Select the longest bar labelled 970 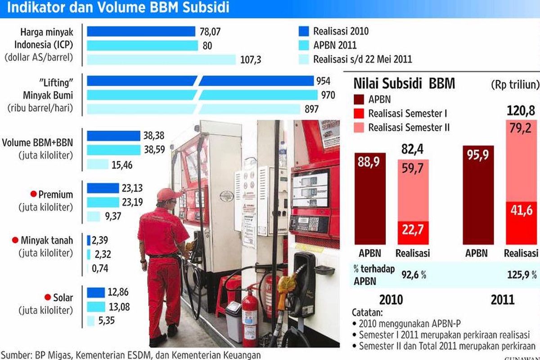tap(202, 95)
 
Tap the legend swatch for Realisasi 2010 tap(304, 31)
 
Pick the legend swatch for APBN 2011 tap(304, 45)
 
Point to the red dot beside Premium tap(33, 194)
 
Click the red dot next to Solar tap(47, 297)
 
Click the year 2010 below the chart tap(391, 300)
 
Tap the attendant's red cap tap(167, 194)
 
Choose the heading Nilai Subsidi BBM tap(404, 84)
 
